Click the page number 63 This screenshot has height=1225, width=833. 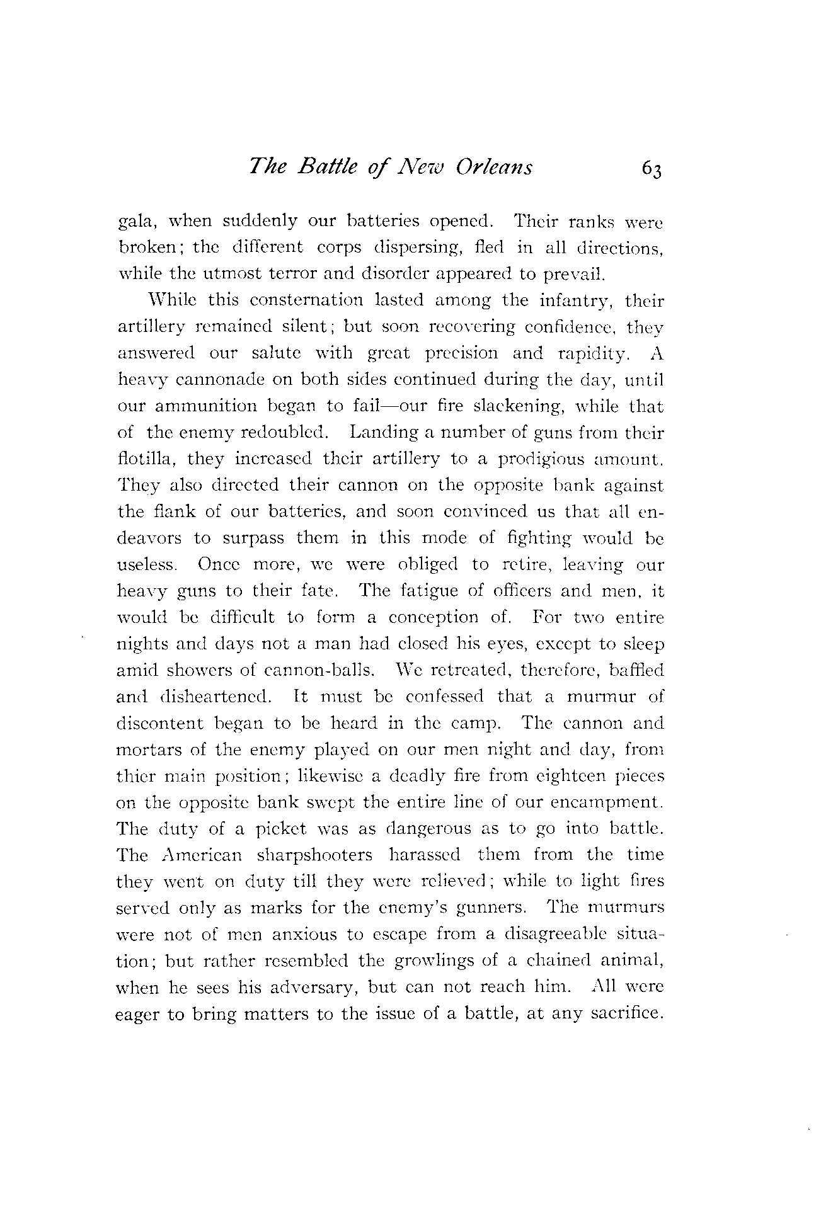pyautogui.click(x=652, y=169)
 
